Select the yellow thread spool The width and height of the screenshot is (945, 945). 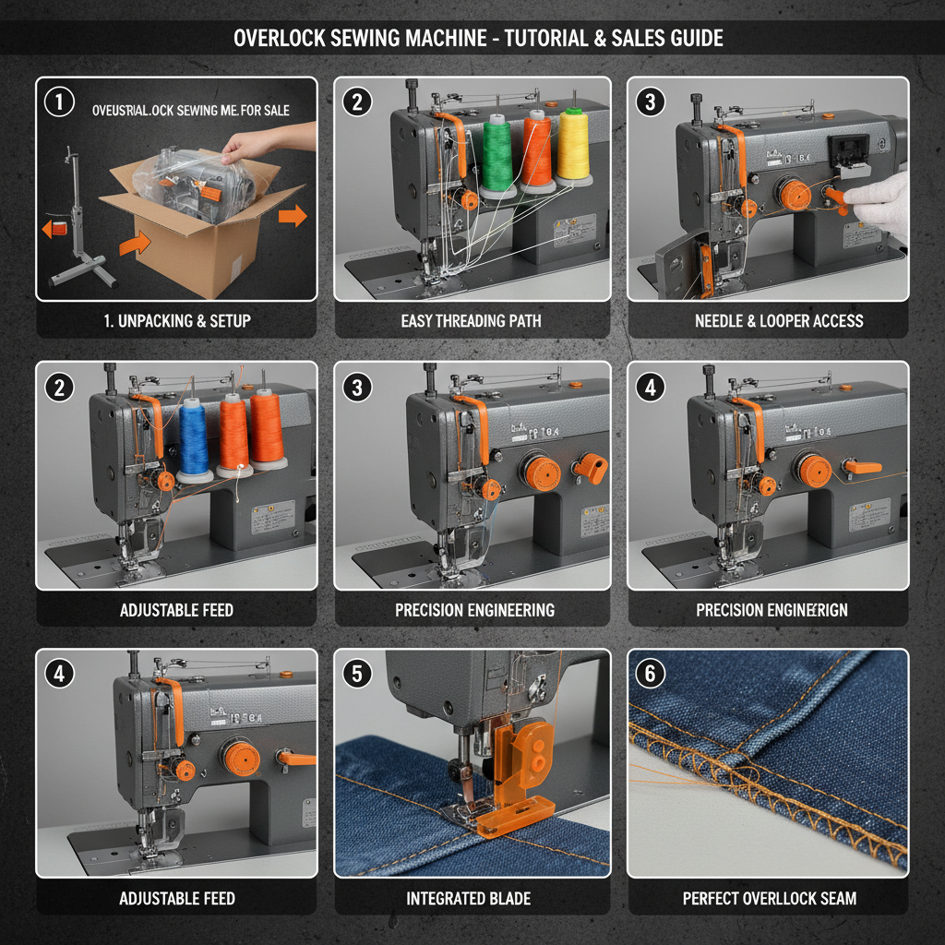coord(573,145)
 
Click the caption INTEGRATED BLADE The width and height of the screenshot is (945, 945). coord(469,898)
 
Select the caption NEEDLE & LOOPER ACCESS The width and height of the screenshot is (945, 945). coord(779,321)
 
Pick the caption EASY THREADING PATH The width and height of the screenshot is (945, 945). coord(471,321)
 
